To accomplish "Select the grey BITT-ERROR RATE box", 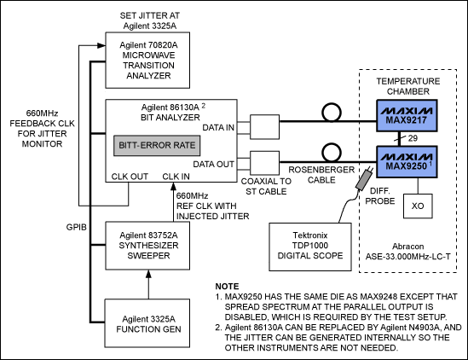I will [156, 145].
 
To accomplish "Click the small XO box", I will [418, 206].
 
